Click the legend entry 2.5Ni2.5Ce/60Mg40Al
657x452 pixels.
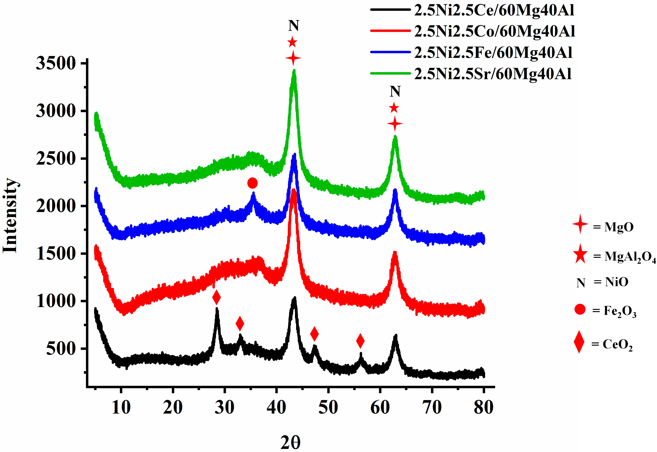click(494, 10)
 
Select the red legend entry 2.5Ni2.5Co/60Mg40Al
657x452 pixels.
click(494, 31)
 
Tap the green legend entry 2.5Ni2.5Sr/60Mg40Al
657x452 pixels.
click(493, 74)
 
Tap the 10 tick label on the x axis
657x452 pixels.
click(121, 408)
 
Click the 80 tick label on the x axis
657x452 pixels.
click(484, 408)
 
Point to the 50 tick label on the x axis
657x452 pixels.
click(328, 408)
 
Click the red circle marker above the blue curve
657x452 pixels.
click(252, 183)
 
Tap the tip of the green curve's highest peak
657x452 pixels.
click(294, 70)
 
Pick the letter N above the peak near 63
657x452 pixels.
click(395, 91)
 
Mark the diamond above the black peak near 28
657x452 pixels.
click(216, 297)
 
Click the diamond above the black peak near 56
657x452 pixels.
click(360, 341)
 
